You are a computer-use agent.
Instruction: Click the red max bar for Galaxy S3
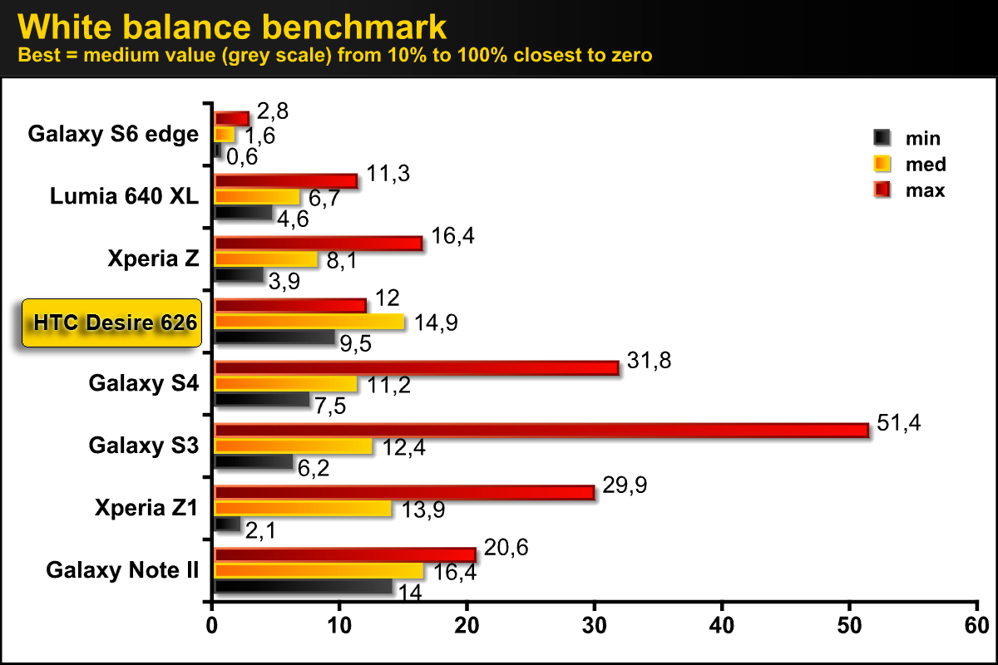(541, 430)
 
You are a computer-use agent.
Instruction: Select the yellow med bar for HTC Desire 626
(309, 322)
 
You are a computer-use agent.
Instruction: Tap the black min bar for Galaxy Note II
(303, 587)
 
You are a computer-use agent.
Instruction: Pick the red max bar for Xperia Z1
(404, 492)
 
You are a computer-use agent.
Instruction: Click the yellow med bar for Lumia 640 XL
(257, 197)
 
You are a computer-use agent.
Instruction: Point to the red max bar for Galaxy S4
(416, 367)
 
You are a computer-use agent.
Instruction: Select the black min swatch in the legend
(882, 137)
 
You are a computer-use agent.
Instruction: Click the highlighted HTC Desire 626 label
(112, 322)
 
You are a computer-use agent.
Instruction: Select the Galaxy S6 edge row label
(113, 134)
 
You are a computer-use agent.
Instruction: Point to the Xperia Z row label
(153, 259)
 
